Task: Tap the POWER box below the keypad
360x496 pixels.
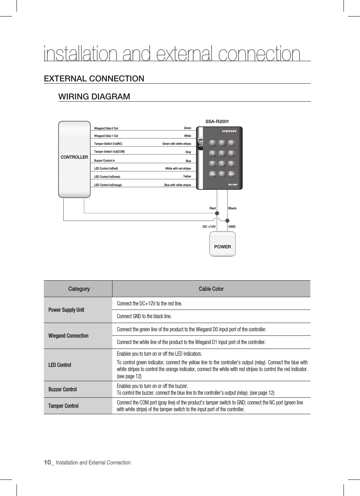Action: (222, 244)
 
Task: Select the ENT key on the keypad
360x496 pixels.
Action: (231, 174)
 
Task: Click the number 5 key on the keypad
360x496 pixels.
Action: (222, 153)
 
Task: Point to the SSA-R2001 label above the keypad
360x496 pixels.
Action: (217, 122)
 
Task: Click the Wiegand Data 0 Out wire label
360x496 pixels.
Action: (106, 128)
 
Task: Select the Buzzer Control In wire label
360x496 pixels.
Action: (105, 161)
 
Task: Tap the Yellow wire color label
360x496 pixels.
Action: (187, 176)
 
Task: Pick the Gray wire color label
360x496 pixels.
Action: (188, 152)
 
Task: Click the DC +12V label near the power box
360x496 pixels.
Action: (209, 227)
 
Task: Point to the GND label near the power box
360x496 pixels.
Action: (232, 227)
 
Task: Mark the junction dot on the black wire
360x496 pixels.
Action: (227, 220)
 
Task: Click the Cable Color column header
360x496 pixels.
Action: (211, 289)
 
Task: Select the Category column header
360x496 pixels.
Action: (79, 289)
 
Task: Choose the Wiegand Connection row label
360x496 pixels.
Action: (68, 336)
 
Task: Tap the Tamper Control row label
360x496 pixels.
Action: (63, 406)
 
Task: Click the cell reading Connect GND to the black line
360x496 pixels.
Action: (144, 316)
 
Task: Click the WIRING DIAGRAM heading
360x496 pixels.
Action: (94, 96)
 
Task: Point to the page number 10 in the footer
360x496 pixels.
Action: (47, 462)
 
